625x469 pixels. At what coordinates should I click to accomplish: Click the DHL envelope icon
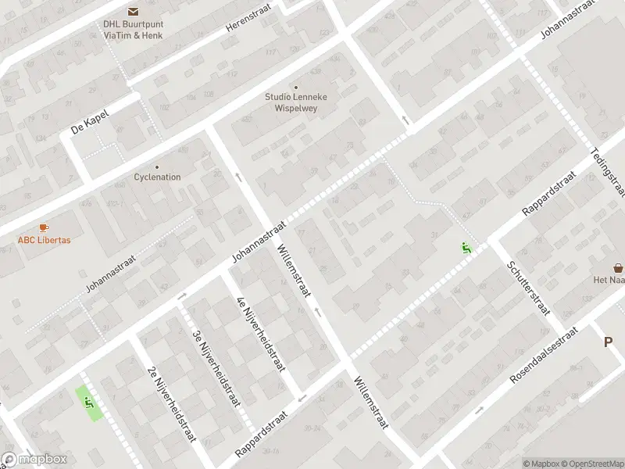pyautogui.click(x=132, y=11)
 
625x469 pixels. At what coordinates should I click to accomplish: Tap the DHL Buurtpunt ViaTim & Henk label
pyautogui.click(x=132, y=28)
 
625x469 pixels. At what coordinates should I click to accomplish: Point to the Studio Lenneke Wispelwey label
pyautogui.click(x=296, y=102)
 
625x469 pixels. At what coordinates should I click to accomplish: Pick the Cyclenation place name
pyautogui.click(x=157, y=177)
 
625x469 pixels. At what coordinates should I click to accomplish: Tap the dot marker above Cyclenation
pyautogui.click(x=157, y=166)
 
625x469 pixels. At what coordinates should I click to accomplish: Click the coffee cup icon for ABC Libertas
pyautogui.click(x=44, y=227)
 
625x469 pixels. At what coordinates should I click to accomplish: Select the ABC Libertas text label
pyautogui.click(x=44, y=240)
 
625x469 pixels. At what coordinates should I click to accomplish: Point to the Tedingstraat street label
pyautogui.click(x=609, y=171)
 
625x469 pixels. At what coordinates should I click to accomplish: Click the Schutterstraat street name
pyautogui.click(x=528, y=288)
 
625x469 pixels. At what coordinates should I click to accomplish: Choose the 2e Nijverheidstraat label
pyautogui.click(x=170, y=403)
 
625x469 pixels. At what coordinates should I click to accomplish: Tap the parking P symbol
pyautogui.click(x=608, y=342)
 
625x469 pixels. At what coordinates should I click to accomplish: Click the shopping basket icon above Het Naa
pyautogui.click(x=618, y=267)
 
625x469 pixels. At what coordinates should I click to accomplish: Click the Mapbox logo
pyautogui.click(x=34, y=460)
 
